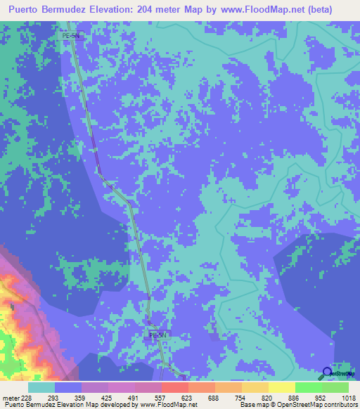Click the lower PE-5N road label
pyautogui.click(x=157, y=335)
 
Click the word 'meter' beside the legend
pyautogui.click(x=10, y=397)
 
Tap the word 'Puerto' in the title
pyautogui.click(x=27, y=10)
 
